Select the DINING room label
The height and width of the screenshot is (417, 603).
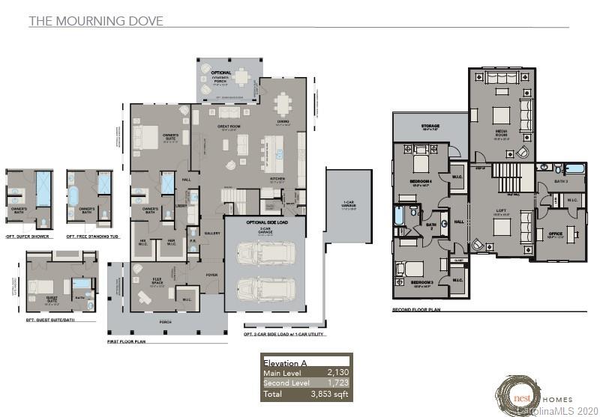click(282, 123)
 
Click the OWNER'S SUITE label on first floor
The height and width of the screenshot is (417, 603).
click(169, 136)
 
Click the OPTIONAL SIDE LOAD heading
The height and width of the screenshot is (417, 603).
click(265, 222)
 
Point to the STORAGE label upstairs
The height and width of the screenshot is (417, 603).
click(430, 126)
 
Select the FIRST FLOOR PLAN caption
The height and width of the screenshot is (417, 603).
click(129, 340)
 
